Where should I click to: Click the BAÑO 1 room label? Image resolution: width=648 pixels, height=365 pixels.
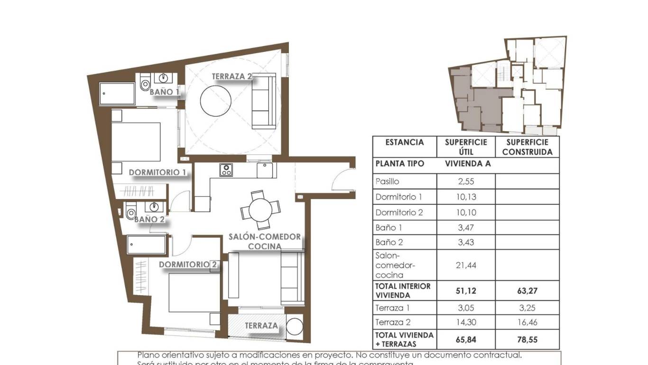(x=165, y=92)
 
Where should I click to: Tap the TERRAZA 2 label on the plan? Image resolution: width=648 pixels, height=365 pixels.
(x=231, y=76)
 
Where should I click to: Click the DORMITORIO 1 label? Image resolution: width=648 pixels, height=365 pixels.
(x=157, y=172)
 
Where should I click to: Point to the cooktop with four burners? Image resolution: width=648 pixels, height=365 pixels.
(x=226, y=170)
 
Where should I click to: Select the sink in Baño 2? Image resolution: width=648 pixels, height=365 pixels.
(x=154, y=207)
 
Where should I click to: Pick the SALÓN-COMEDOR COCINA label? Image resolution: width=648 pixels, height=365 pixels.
(x=265, y=241)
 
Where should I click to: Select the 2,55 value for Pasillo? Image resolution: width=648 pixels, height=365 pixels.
(x=465, y=181)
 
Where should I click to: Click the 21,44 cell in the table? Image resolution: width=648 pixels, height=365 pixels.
(x=465, y=265)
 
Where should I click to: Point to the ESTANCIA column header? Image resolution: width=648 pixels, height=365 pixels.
(x=404, y=142)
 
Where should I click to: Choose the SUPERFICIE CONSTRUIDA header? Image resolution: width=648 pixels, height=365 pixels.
(x=527, y=147)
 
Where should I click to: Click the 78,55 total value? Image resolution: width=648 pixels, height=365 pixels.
(x=527, y=340)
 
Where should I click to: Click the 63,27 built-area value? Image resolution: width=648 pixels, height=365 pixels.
(x=527, y=290)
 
